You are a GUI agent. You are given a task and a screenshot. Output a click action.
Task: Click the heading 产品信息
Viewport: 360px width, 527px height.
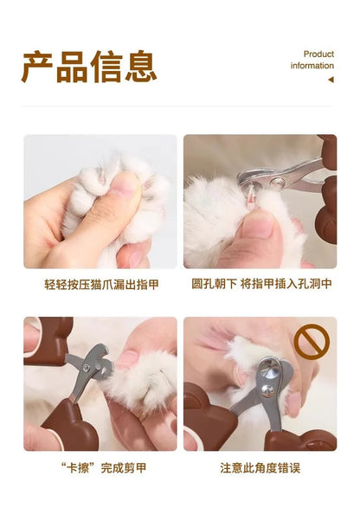pyautogui.click(x=89, y=67)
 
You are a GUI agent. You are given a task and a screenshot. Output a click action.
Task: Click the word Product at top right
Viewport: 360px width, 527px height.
pyautogui.click(x=318, y=54)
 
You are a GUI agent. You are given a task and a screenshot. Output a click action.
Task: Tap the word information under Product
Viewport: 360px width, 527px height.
pyautogui.click(x=312, y=66)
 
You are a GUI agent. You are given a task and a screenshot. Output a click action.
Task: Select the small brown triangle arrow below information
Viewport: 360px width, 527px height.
pyautogui.click(x=330, y=80)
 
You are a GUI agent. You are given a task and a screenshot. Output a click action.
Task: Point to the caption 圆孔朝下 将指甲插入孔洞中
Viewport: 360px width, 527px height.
pyautogui.click(x=260, y=284)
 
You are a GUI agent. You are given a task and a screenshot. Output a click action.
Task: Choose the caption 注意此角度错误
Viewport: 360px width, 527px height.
pyautogui.click(x=260, y=467)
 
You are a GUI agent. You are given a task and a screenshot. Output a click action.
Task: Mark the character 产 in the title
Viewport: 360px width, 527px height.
pyautogui.click(x=38, y=67)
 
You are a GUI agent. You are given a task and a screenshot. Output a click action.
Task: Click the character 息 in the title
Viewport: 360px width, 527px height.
pyautogui.click(x=140, y=67)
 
